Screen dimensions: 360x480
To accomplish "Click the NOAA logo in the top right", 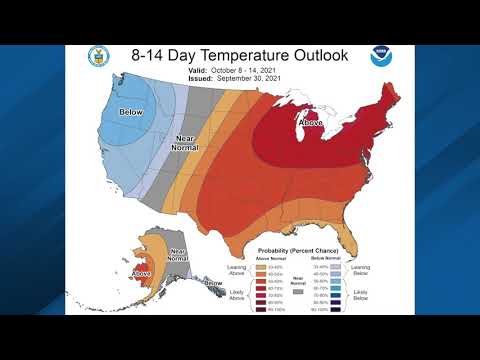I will coord(380,55).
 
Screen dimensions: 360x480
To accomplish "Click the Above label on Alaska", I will coord(141,273).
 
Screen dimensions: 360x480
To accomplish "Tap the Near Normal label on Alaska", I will coord(177,255).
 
